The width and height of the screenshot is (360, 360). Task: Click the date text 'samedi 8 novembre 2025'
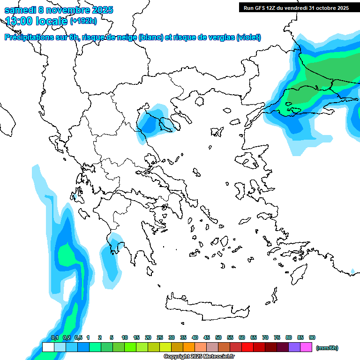pos(59,10)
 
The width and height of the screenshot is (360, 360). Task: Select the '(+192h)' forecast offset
pos(83,21)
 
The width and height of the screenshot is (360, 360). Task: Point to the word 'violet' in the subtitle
pos(248,37)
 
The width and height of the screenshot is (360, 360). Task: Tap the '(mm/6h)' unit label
pos(327,348)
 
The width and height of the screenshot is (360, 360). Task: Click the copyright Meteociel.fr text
pos(199,357)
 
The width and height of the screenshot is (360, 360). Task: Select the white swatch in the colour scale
pos(48,347)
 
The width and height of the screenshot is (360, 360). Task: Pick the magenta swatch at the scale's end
pos(306,347)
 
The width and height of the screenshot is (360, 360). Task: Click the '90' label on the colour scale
pos(312,338)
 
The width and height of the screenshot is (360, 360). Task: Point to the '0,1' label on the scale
pos(55,338)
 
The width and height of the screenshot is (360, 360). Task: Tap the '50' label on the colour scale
pos(218,338)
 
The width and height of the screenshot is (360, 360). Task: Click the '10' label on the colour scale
pos(125,338)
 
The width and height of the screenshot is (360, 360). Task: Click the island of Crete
pos(206,307)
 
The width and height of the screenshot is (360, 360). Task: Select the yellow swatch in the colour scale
pos(165,347)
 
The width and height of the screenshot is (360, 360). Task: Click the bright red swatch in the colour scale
pos(247,347)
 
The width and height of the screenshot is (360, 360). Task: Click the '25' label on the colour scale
pos(160,338)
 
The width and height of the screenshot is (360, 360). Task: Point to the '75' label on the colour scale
pos(277,338)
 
